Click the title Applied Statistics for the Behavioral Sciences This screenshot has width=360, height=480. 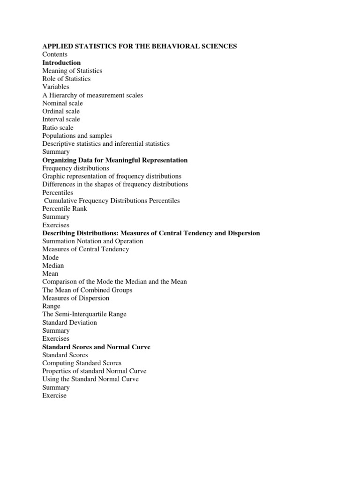point(139,46)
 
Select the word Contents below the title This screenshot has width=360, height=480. point(55,54)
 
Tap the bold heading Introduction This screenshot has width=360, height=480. point(61,62)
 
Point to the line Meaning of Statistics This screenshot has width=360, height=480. point(72,71)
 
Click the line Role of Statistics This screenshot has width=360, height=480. point(66,79)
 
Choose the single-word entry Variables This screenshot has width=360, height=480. point(56,87)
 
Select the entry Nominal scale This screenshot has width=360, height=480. point(62,103)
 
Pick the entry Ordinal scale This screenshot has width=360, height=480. point(61,111)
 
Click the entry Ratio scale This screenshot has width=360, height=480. point(58,127)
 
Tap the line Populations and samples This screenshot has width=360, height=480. point(77,135)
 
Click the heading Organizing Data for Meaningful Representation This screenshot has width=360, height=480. point(115,160)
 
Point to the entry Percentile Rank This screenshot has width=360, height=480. point(65,209)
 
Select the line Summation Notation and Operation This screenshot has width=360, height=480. point(93,241)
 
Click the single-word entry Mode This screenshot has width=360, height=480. point(51,257)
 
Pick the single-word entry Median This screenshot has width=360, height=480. point(53,265)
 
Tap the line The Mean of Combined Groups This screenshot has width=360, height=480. point(87,290)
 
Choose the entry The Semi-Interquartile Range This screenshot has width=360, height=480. point(84,314)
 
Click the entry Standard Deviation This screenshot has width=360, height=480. point(70,322)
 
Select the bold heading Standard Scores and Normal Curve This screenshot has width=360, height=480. point(96,347)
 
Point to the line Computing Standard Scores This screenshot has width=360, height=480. point(82,363)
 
